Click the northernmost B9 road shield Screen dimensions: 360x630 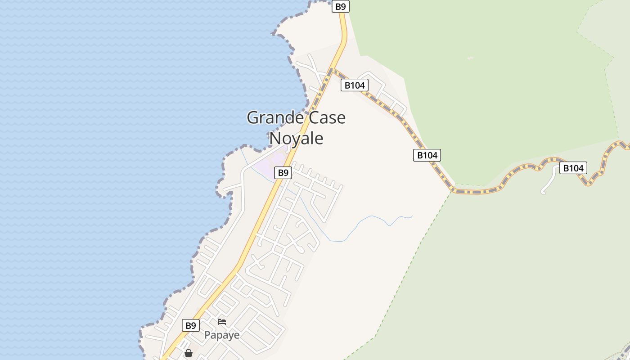coord(341,6)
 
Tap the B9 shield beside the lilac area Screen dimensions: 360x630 coord(283,172)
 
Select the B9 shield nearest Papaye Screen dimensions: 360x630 coord(191,325)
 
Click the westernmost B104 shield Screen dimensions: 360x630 coord(355,85)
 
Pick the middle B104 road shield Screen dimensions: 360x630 coord(427,155)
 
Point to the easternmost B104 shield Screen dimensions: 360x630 coord(573,168)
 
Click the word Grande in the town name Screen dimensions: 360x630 coord(275,118)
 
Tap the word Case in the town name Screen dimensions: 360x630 coord(327,118)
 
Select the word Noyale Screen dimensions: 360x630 coord(296,138)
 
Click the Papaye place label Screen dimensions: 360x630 coord(222,335)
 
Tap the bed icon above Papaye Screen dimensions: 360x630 coord(222,322)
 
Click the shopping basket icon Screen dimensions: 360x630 coord(189,353)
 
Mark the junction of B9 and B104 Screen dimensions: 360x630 coord(332,70)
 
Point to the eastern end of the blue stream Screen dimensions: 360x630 coord(412,216)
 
